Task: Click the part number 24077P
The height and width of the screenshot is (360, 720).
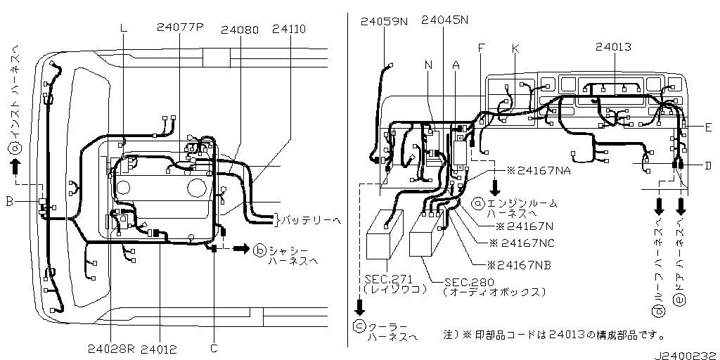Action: [179, 27]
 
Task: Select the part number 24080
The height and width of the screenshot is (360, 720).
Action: [240, 30]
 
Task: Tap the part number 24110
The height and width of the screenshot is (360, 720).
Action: [288, 30]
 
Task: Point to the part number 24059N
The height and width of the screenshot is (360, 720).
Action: [384, 22]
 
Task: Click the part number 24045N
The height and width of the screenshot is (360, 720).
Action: [444, 20]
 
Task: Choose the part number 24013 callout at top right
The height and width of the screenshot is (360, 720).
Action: [613, 47]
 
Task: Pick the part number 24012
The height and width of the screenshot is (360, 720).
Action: [158, 349]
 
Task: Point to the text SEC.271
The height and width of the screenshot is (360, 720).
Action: [382, 279]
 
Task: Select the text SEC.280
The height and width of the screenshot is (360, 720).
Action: [463, 283]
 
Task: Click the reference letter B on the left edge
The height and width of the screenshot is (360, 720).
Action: [9, 202]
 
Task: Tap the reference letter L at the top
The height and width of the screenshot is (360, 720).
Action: [123, 28]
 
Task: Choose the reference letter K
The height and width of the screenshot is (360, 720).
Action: [515, 49]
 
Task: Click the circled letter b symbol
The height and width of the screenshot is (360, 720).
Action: [259, 250]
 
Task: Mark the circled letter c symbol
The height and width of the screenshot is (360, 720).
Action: [359, 326]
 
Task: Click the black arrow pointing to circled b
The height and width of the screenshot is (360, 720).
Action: [241, 249]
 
